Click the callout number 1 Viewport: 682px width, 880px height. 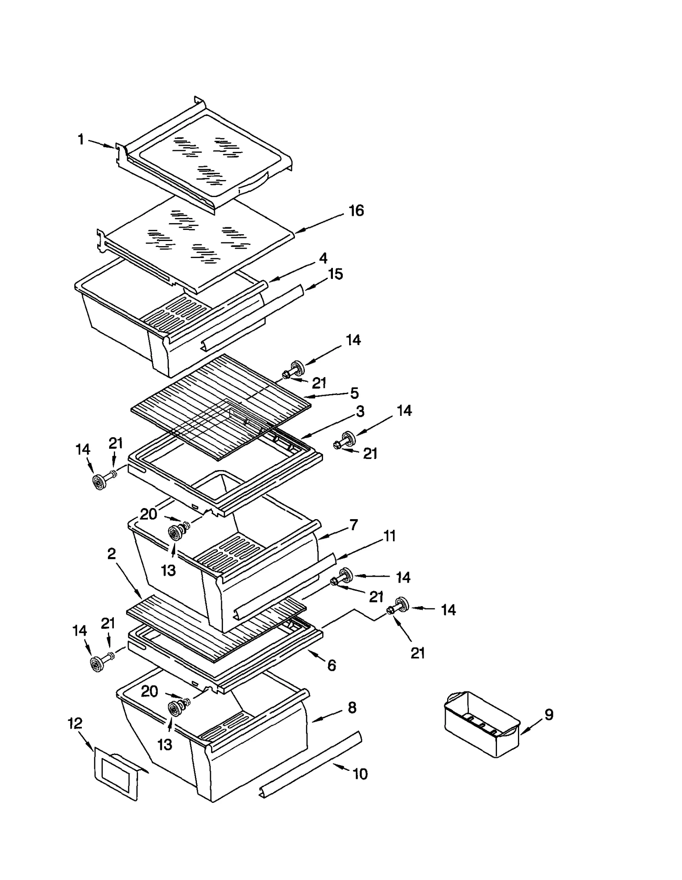81,139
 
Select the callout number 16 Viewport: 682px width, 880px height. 356,210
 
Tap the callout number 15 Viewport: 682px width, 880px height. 335,274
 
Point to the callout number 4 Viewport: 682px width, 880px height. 323,258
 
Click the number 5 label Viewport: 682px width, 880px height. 354,393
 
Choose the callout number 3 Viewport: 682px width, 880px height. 360,412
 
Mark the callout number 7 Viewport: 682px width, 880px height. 353,525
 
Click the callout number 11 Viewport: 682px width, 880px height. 390,536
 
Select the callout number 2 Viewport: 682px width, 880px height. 111,554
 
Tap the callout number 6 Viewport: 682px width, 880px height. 332,665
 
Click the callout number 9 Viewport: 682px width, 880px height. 549,714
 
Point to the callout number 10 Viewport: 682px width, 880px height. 360,774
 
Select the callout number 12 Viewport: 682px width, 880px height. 75,723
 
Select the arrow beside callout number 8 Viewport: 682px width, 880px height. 326,717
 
